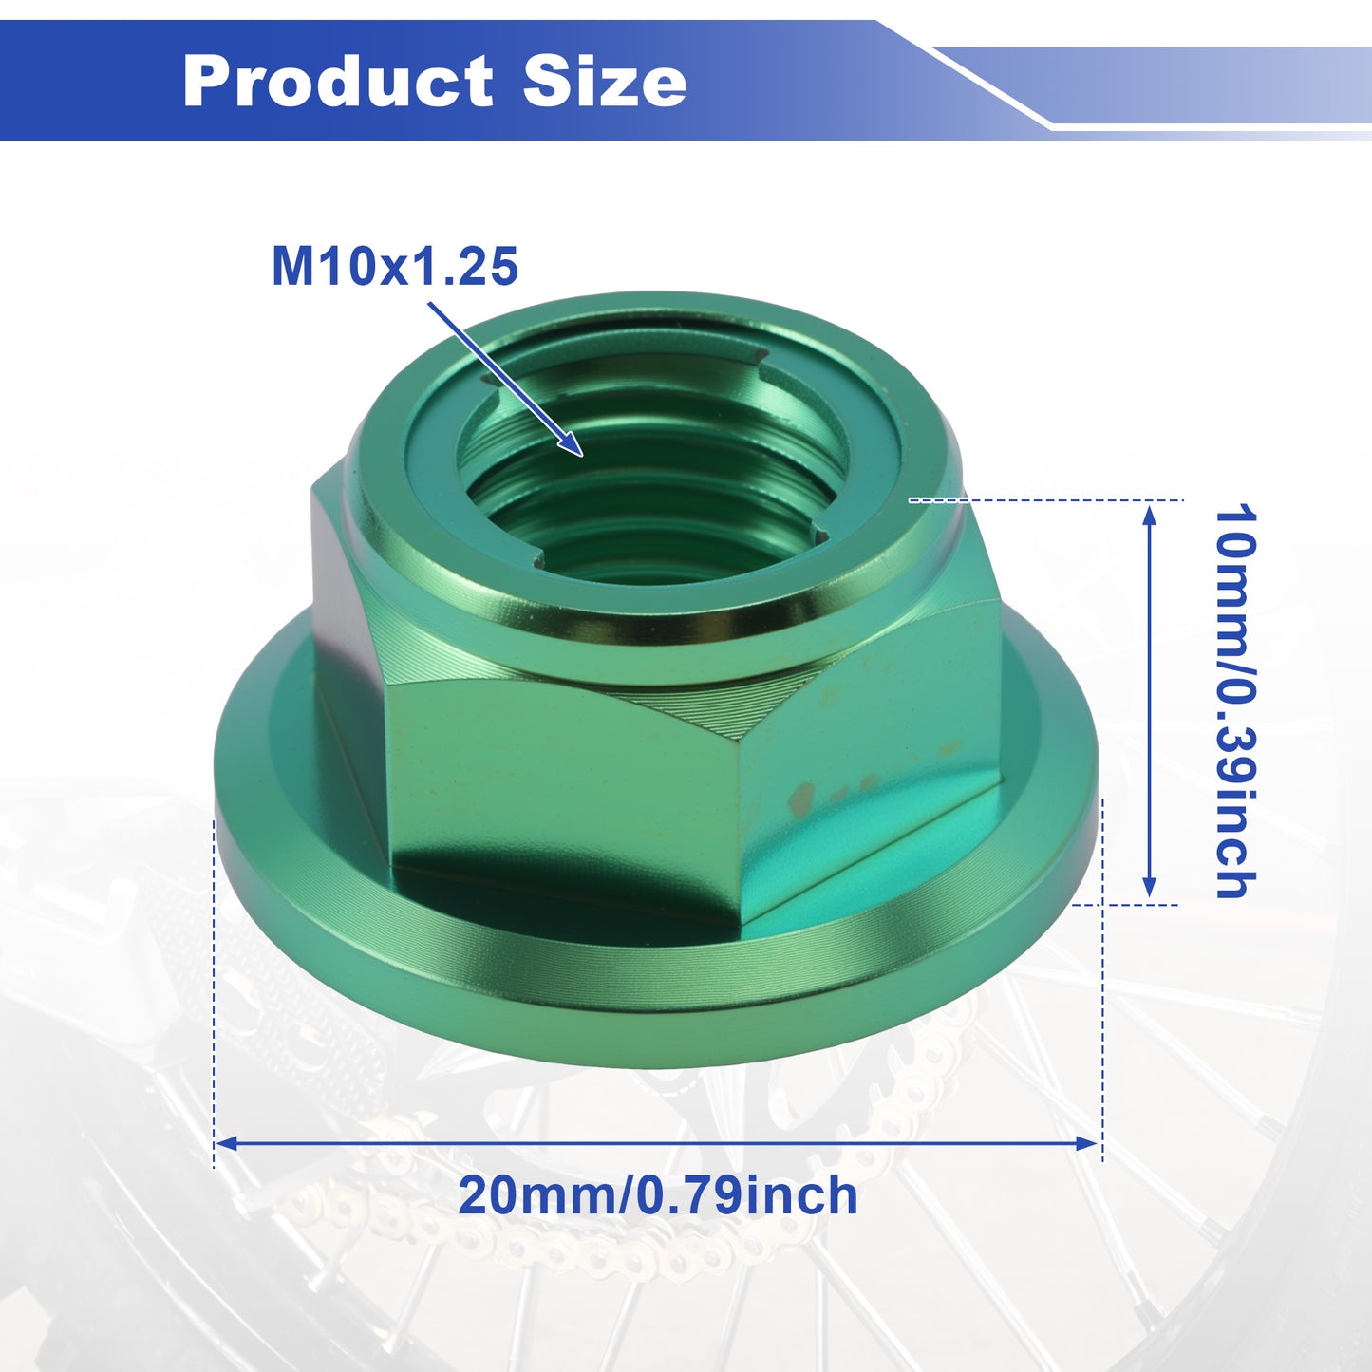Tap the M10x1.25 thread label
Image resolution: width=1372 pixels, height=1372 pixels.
(x=394, y=267)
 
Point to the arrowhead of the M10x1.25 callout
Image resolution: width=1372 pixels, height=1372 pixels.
(x=572, y=444)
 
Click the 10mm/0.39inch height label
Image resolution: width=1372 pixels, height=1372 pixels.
(x=1235, y=701)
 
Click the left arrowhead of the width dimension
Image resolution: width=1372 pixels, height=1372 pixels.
(x=226, y=1143)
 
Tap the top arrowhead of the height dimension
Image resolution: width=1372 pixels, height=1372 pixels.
(x=1149, y=514)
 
